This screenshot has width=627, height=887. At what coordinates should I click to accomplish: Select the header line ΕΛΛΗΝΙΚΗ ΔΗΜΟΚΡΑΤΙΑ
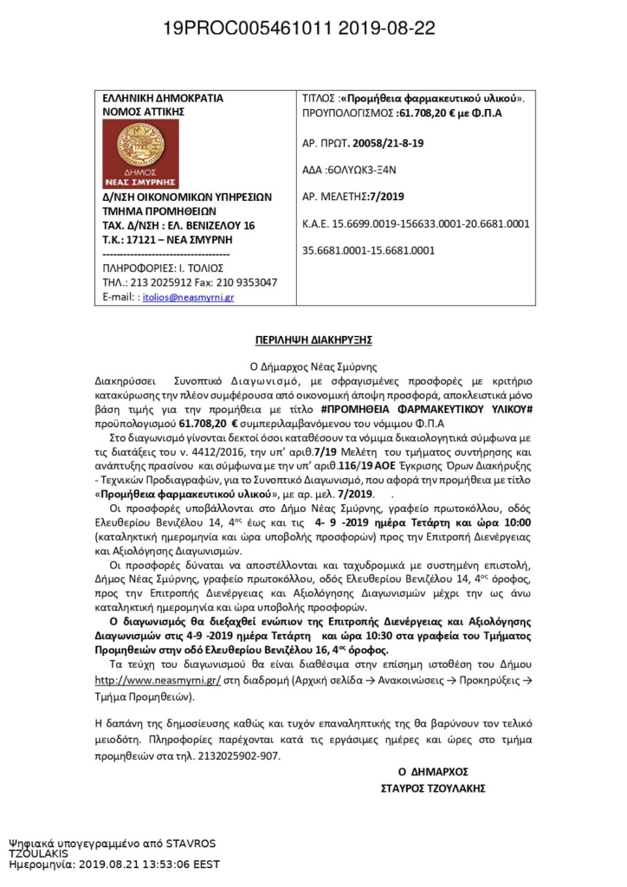[163, 98]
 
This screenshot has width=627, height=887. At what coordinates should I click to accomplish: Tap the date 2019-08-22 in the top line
[387, 29]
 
